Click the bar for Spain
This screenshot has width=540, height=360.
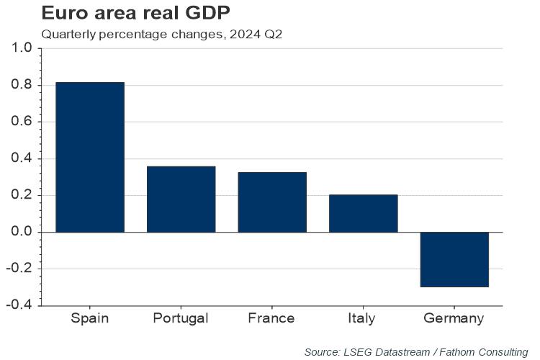[89, 157]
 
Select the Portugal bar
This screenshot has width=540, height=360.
[181, 199]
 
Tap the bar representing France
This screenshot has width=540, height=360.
[272, 202]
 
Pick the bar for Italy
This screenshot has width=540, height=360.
[363, 213]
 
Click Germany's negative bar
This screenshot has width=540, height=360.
[454, 259]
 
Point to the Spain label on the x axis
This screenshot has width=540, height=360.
[89, 318]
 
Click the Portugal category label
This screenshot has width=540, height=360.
[181, 318]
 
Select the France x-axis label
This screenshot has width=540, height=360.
[271, 318]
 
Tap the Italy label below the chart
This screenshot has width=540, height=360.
[363, 318]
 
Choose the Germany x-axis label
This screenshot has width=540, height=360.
[454, 318]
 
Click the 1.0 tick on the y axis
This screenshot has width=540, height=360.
[22, 48]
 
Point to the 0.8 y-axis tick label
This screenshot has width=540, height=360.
[22, 85]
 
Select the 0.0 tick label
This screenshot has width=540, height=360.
[22, 232]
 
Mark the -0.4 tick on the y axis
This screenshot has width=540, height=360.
[19, 305]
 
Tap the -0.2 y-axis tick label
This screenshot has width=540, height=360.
[19, 269]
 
